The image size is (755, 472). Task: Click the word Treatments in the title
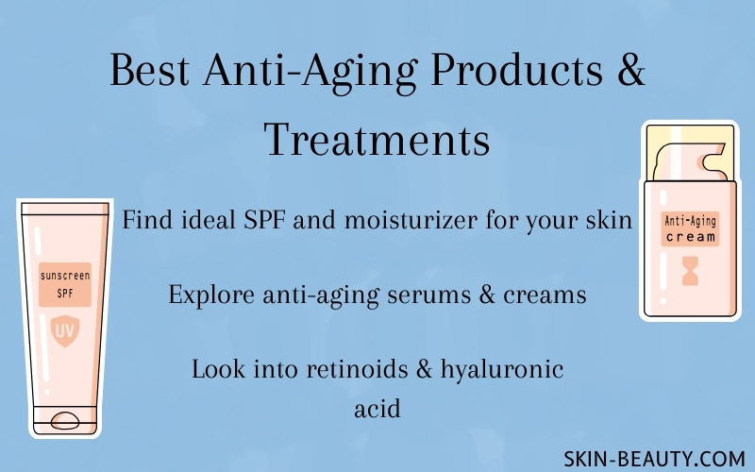pos(377,140)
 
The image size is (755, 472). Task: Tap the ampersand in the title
pos(630,69)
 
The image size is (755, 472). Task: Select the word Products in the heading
pos(516,69)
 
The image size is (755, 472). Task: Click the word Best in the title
pos(150,70)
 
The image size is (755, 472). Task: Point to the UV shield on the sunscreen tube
pos(65,330)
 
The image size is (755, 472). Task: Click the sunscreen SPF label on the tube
pos(65,284)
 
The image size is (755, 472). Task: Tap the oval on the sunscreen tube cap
pos(65,420)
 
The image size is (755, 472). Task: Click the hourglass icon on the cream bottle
pos(690,271)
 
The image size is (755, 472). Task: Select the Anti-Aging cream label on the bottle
pos(690,228)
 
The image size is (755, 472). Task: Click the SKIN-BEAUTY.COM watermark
pos(654,459)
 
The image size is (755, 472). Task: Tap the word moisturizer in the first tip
pos(411,220)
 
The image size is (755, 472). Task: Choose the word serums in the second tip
pos(429,295)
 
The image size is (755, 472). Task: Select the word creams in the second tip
pos(545,295)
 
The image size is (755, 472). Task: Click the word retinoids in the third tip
pos(358,369)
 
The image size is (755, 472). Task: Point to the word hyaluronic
pos(502,370)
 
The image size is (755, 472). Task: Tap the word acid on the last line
pos(377,409)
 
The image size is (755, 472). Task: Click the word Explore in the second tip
pos(211,295)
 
